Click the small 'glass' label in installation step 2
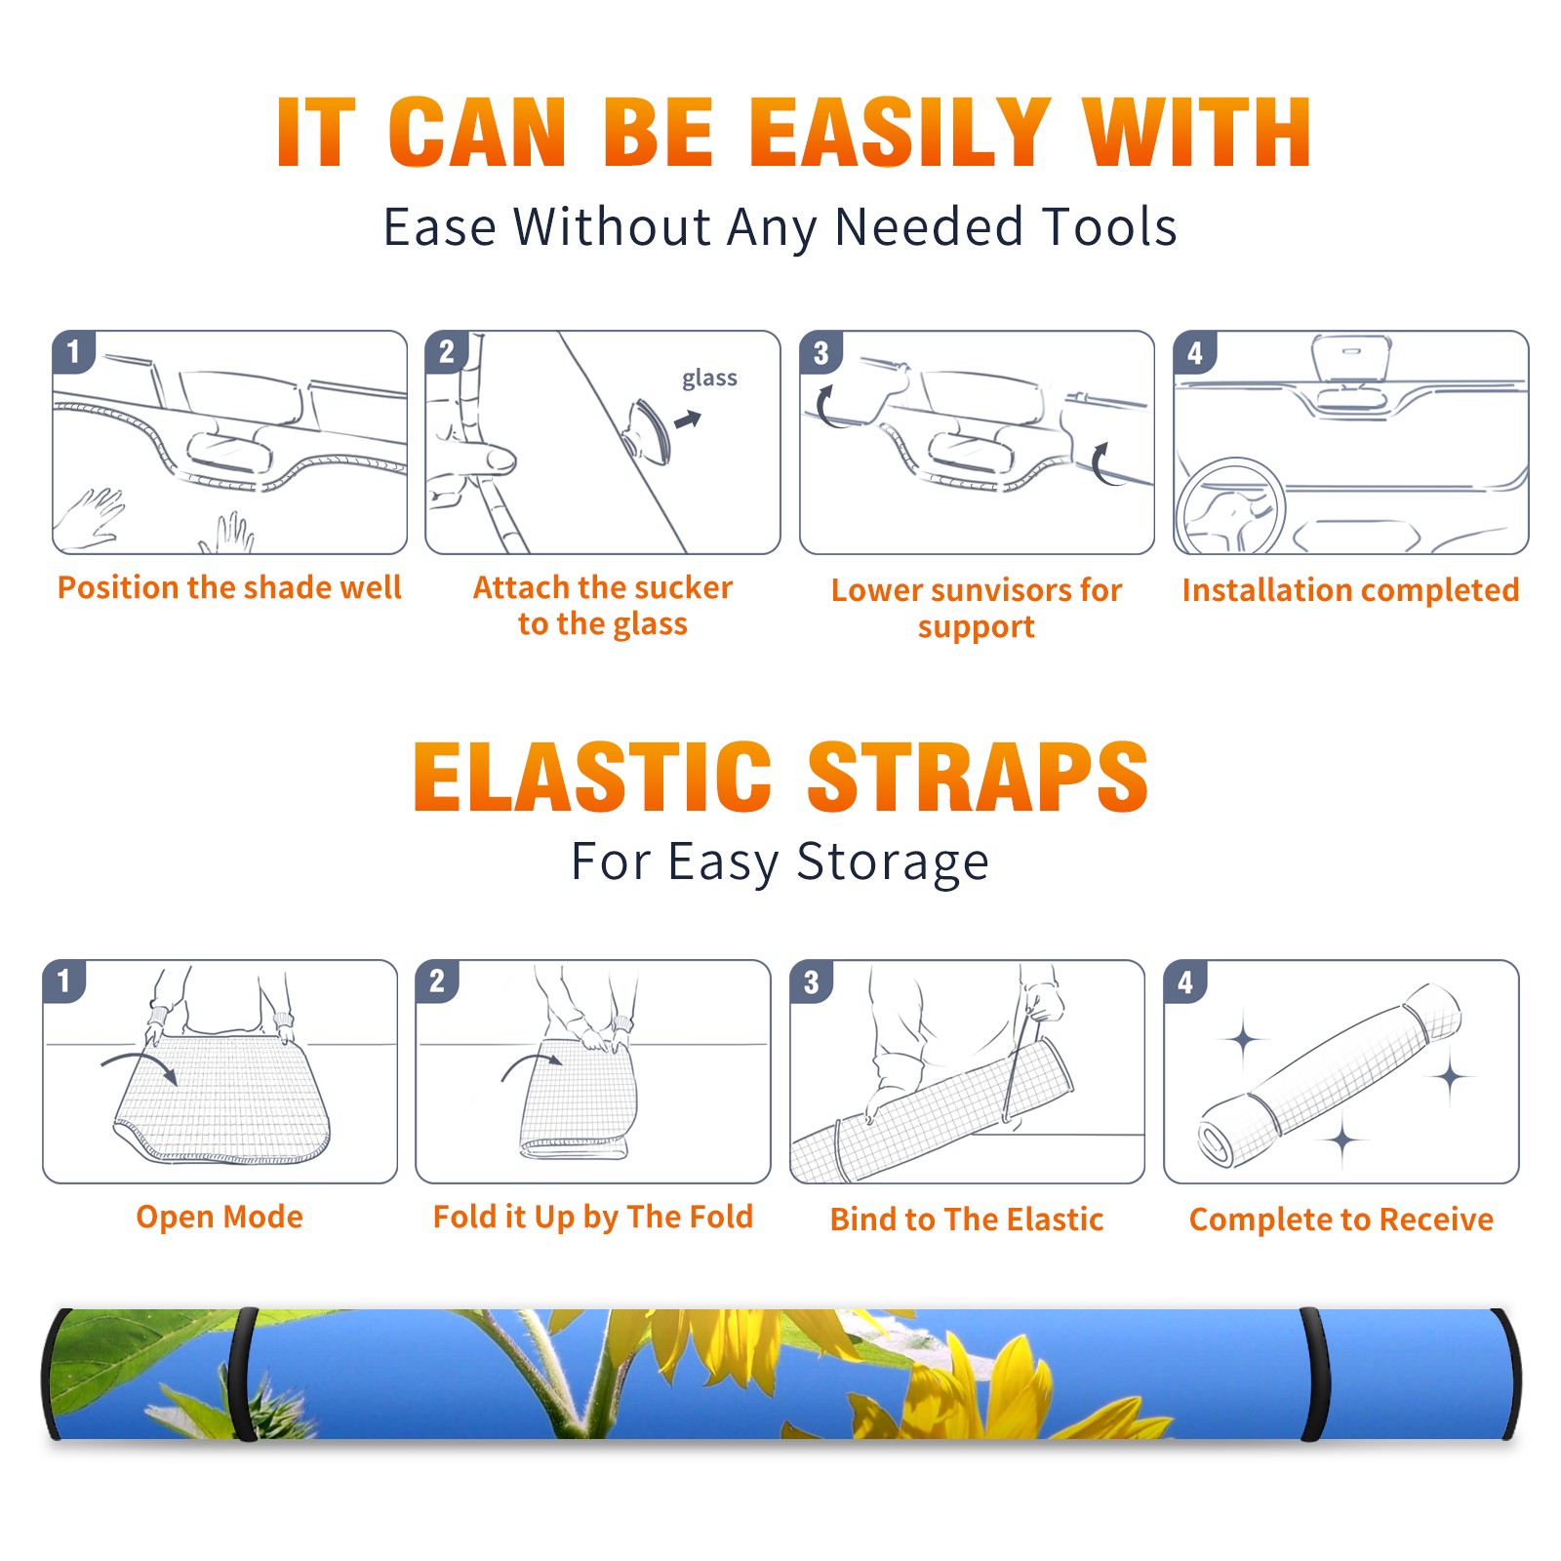click(x=709, y=379)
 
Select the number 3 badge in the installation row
click(x=821, y=352)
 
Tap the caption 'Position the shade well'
click(x=229, y=587)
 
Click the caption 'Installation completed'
click(x=1350, y=589)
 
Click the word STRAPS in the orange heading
click(x=978, y=777)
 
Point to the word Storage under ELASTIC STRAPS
click(x=893, y=862)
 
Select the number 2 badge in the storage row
click(x=437, y=981)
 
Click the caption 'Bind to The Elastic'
click(x=966, y=1220)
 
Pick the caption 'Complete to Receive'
click(x=1341, y=1220)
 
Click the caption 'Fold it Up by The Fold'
click(x=593, y=1218)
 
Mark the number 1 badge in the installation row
click(x=73, y=352)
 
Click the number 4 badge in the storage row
click(x=1185, y=981)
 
